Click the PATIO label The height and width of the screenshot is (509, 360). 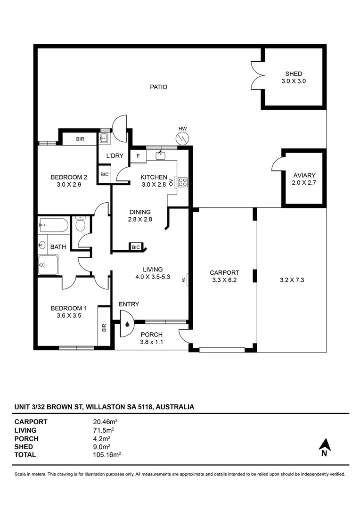coord(158,87)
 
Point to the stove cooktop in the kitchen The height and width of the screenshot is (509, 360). coord(183,182)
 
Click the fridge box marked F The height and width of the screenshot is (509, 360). coord(138,156)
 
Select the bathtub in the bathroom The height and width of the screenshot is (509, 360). coord(53,225)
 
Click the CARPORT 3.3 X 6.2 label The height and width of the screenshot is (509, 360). coord(224,276)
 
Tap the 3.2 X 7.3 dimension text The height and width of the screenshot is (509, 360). coord(291,279)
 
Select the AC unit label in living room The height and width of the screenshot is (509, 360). coord(183,279)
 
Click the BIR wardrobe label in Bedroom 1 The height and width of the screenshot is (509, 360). coord(104,327)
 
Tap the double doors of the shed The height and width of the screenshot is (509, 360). coord(257,75)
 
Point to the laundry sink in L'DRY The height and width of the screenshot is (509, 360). coord(104,139)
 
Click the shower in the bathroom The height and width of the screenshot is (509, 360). coord(48,264)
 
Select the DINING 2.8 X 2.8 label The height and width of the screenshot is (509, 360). coord(139,215)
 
